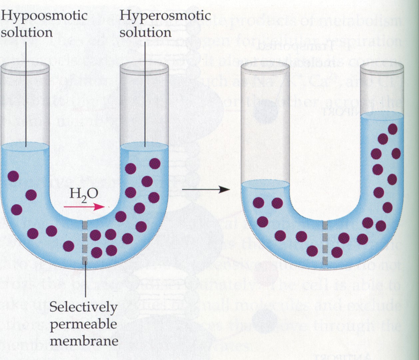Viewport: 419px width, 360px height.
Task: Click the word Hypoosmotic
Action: pyautogui.click(x=45, y=16)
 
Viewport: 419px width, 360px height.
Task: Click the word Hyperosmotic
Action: pyautogui.click(x=165, y=16)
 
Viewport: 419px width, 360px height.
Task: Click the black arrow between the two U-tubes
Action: pyautogui.click(x=207, y=189)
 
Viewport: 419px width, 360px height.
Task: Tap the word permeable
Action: pyautogui.click(x=83, y=324)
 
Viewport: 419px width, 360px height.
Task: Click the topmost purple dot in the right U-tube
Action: pyautogui.click(x=393, y=129)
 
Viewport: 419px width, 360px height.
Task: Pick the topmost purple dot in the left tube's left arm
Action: pyautogui.click(x=13, y=176)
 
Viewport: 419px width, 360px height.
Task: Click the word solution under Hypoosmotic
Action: pyautogui.click(x=27, y=33)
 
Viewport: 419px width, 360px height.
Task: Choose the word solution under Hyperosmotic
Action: pyautogui.click(x=145, y=33)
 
